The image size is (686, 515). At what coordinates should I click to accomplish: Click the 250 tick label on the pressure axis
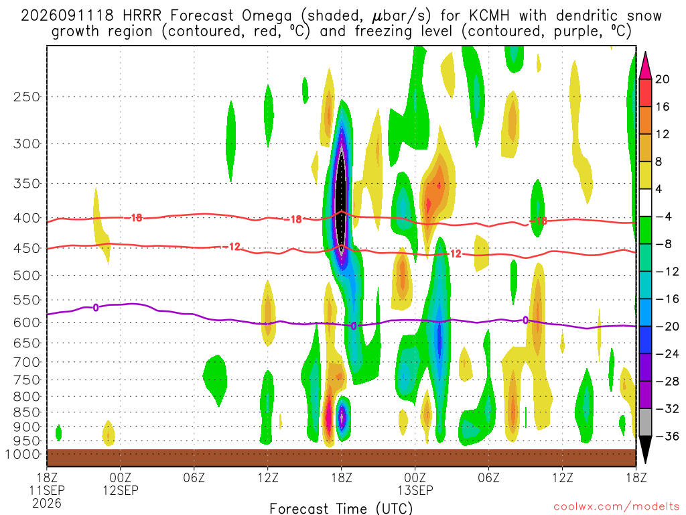point(27,97)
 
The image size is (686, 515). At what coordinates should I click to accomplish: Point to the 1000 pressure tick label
point(23,454)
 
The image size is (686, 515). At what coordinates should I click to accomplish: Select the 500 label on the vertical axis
point(27,276)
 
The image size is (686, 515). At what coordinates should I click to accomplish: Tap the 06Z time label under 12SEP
point(194,477)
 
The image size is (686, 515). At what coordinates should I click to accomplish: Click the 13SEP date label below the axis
point(415,490)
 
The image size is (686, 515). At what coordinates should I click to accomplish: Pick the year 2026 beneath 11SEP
point(47,503)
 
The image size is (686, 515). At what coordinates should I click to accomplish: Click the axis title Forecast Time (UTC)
point(341,508)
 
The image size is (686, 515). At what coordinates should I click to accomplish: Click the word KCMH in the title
point(489,15)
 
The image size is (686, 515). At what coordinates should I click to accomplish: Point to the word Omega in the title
point(267,16)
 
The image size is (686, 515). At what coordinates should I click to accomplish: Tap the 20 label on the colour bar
point(662,79)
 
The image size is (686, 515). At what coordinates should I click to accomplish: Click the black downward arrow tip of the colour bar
point(645,463)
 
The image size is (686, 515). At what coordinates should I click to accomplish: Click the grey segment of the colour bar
point(645,422)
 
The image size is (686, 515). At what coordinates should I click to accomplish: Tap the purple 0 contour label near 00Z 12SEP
point(95,307)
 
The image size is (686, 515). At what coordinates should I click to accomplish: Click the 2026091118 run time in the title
point(68,15)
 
